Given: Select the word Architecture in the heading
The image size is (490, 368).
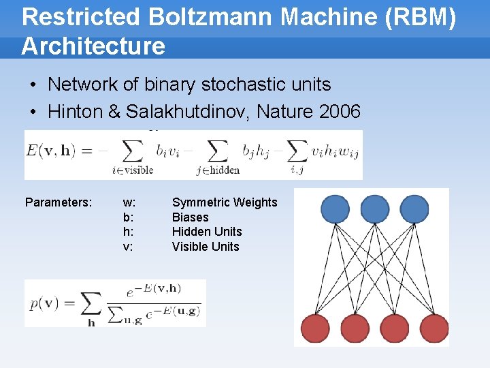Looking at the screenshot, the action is click(x=93, y=46).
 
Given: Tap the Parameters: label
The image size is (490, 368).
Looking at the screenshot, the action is click(x=59, y=202).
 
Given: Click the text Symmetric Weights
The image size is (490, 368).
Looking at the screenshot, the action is click(x=225, y=202).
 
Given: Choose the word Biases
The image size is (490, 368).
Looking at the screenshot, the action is click(x=191, y=217).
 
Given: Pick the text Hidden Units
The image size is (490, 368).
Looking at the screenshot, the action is click(x=207, y=232).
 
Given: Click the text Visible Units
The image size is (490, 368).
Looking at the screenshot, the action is click(x=206, y=247).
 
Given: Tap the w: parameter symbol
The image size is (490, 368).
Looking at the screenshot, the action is click(x=129, y=202).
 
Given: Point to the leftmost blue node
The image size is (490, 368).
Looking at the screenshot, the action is click(x=335, y=209).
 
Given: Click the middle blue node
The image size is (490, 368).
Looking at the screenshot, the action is click(x=375, y=209).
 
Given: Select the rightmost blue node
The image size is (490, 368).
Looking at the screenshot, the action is click(x=414, y=209).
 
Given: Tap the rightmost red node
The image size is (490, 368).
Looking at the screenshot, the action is click(x=434, y=328).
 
